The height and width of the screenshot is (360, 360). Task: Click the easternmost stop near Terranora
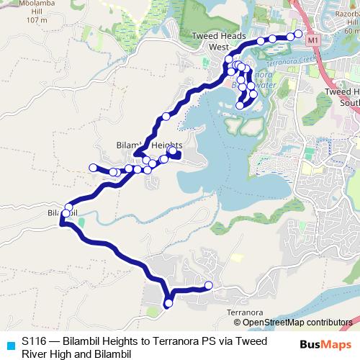(209, 286)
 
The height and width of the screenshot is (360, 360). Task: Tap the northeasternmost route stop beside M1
(298, 35)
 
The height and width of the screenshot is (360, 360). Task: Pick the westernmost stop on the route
(93, 168)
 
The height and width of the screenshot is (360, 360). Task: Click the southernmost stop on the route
(168, 304)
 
